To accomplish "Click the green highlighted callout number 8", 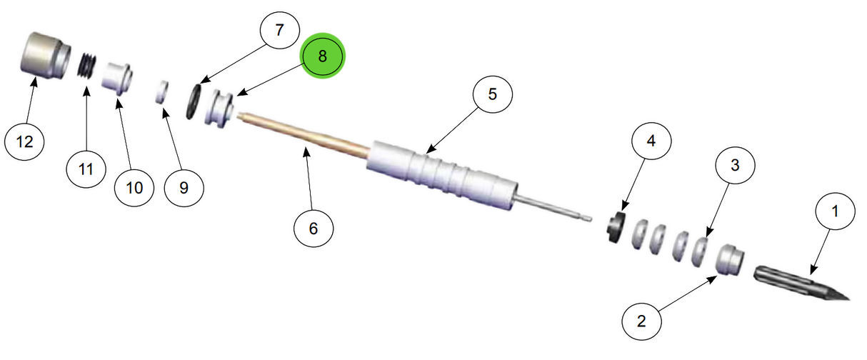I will click(322, 56).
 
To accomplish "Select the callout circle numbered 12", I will click(25, 141).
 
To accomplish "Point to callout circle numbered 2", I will click(641, 321).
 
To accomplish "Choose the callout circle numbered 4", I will click(650, 141).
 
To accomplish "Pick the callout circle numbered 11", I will click(86, 169).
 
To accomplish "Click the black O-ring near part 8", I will click(194, 101).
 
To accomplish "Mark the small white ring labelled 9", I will click(163, 93).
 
